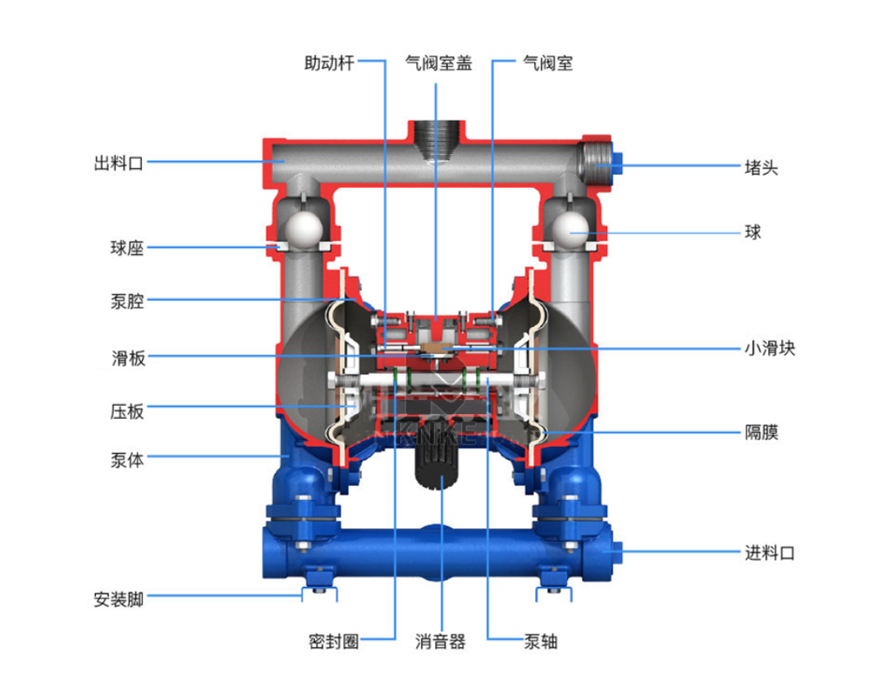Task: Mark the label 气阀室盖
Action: [x=439, y=63]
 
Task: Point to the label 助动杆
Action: [x=329, y=63]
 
